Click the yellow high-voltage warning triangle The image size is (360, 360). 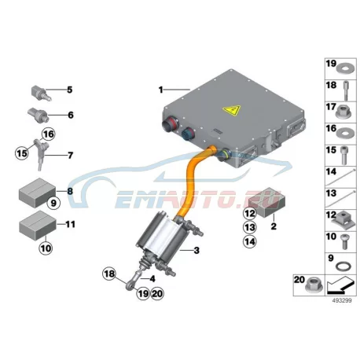[232, 111]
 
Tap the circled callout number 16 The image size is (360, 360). [48, 134]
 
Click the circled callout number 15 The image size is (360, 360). [21, 153]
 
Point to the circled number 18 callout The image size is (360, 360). [109, 274]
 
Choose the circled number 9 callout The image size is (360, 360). [53, 203]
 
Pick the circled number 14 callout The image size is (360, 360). [249, 241]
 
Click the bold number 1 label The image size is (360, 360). [161, 90]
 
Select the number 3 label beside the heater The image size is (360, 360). [197, 251]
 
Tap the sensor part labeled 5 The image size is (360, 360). [42, 93]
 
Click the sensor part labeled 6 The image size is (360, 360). [39, 114]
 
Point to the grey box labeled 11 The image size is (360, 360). [38, 226]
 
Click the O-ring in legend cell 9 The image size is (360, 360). [341, 267]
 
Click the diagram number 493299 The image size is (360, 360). [342, 300]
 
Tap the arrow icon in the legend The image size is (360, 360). [340, 285]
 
